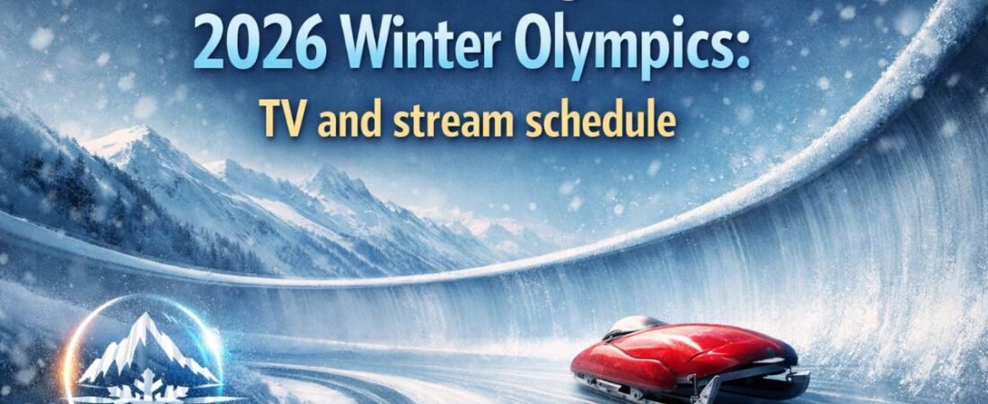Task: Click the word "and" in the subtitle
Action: click(350, 122)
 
